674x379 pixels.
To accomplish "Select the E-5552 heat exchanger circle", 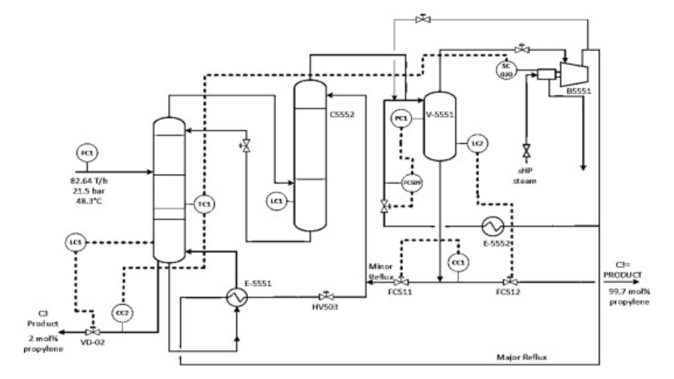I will (x=493, y=226).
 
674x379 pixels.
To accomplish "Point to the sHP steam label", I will (x=526, y=176).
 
